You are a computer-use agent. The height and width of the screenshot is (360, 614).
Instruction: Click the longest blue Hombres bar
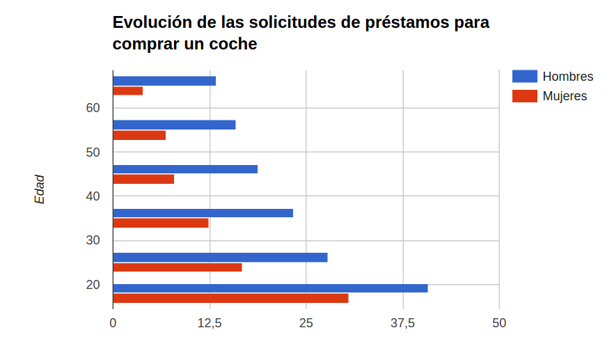pyautogui.click(x=270, y=288)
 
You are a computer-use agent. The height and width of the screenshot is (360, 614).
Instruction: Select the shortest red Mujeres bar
pyautogui.click(x=127, y=91)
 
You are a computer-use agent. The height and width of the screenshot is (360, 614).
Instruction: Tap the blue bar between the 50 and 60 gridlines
pyautogui.click(x=174, y=125)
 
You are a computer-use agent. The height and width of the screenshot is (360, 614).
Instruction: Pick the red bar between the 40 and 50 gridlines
pyautogui.click(x=143, y=179)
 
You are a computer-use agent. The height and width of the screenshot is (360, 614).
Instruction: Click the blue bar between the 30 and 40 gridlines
pyautogui.click(x=203, y=213)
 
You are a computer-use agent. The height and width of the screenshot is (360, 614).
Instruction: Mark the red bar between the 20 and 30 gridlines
pyautogui.click(x=178, y=267)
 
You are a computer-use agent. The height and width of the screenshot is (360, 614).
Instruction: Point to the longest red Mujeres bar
pyautogui.click(x=230, y=298)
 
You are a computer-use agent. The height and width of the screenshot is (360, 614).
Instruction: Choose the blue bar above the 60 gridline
pyautogui.click(x=164, y=81)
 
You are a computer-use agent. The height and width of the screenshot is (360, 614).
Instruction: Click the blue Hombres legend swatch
pyautogui.click(x=524, y=77)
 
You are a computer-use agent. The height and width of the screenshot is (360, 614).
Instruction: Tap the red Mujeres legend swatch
pyautogui.click(x=524, y=96)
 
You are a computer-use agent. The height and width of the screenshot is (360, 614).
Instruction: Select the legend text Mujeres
pyautogui.click(x=565, y=96)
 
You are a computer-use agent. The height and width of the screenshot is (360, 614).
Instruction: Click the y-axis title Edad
pyautogui.click(x=40, y=189)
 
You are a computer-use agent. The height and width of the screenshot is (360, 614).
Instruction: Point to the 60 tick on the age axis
pyautogui.click(x=93, y=108)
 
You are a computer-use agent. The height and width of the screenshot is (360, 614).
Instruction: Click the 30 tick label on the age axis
pyautogui.click(x=93, y=240)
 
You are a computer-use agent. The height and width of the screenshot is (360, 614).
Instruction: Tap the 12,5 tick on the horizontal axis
pyautogui.click(x=210, y=323)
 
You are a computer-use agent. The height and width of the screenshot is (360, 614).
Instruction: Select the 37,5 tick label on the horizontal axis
pyautogui.click(x=403, y=323)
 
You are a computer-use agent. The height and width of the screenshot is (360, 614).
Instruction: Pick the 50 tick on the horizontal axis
pyautogui.click(x=499, y=323)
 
